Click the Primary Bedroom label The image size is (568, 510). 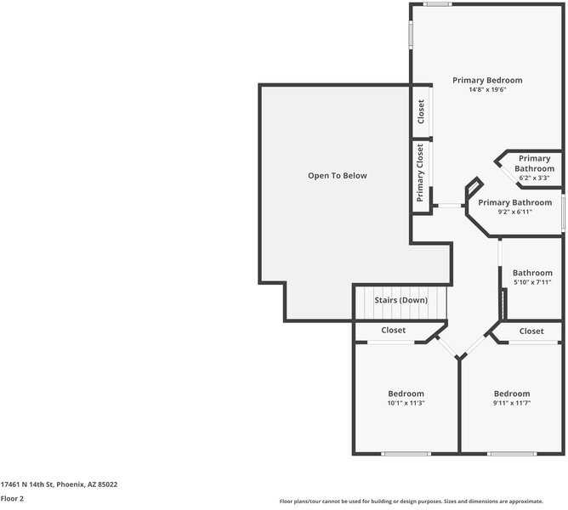point(487,80)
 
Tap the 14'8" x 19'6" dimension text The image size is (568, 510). point(487,89)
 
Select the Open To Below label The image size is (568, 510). point(338,176)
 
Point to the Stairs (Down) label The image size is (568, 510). point(401,300)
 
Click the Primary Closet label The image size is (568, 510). point(420,173)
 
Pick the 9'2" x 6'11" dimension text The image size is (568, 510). point(514,212)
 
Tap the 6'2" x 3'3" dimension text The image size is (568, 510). point(534,178)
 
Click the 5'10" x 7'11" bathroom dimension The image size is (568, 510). point(532,282)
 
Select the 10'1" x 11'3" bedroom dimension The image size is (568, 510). point(406,403)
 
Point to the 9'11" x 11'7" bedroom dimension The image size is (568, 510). point(512,403)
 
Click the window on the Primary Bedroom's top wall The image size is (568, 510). point(438,4)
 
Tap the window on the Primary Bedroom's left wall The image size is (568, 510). point(411,34)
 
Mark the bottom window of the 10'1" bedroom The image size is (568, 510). point(406,454)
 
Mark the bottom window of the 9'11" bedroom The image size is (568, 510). point(512,454)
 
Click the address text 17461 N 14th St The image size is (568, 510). point(27,484)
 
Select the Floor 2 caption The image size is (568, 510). point(12,498)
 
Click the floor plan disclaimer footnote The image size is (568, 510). point(412,501)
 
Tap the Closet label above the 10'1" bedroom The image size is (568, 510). point(393,330)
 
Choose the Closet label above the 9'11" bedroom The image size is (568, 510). point(531,331)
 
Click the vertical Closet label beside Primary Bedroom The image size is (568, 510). point(421,111)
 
